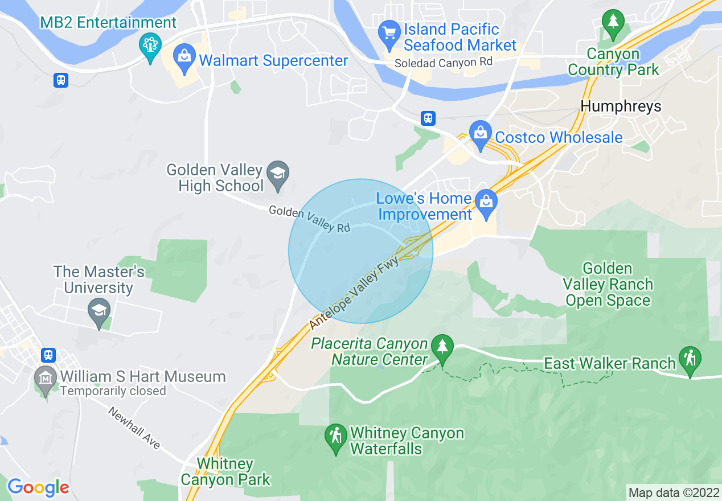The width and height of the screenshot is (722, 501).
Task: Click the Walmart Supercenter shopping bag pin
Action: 184,58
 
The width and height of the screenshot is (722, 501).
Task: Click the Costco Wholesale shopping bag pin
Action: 480,134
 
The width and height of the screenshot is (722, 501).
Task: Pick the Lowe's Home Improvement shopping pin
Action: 486,203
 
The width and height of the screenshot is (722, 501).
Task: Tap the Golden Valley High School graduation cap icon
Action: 278,173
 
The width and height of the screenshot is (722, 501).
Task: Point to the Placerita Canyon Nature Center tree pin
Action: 442,346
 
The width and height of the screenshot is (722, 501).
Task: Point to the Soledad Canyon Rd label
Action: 444,63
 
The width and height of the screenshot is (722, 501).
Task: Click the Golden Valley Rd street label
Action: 309,219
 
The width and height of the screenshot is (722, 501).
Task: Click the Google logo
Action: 38,487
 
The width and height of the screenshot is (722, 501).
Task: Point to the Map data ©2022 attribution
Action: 672,492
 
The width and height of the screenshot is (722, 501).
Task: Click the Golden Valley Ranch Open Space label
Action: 608,284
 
